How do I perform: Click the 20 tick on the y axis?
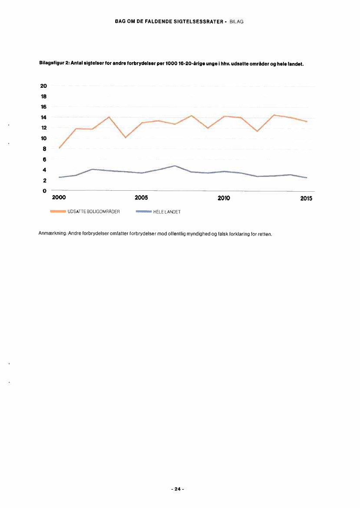point(43,86)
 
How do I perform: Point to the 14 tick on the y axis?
point(43,117)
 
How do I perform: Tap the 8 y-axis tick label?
point(44,149)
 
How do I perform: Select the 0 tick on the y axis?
point(44,191)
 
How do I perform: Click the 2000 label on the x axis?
point(59,198)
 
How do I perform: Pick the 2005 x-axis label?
point(141,198)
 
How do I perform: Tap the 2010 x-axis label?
point(223,198)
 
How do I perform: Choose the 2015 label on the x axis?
point(306,199)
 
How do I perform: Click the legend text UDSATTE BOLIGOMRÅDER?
point(94,212)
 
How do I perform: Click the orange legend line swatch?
point(59,212)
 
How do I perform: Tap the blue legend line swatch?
point(143,212)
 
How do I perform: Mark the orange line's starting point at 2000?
point(59,148)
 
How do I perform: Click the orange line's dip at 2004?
point(125,137)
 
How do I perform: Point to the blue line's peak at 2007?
point(175,166)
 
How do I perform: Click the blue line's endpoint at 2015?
point(307,178)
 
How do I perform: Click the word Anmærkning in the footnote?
point(52,234)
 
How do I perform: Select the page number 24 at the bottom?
point(177,489)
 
